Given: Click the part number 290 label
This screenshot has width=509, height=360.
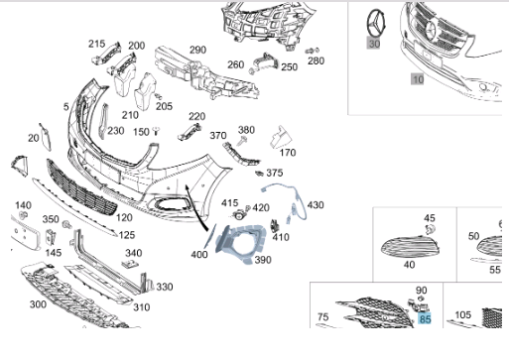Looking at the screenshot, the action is point(197,50).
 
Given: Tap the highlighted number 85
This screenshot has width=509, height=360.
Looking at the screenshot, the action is point(424,319).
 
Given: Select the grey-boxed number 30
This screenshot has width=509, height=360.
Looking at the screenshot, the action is point(374,44).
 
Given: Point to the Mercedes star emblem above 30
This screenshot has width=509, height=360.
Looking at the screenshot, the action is point(375,21).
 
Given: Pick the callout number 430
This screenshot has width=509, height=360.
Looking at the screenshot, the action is point(315,204).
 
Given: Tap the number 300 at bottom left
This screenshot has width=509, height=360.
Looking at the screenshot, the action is point(38,303).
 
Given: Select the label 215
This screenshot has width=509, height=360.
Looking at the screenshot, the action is point(96,44).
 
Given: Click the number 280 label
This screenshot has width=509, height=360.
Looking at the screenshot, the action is point(316,60).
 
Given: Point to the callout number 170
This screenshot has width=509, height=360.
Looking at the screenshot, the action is point(288,153).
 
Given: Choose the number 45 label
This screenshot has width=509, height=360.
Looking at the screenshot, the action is point(430,217).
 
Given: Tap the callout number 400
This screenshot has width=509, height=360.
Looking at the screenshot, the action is point(198,255).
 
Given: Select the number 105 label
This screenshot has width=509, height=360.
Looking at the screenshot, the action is point(462,315).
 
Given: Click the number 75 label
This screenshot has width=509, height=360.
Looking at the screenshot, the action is point(321,316).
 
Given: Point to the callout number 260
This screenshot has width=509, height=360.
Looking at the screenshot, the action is point(235,65).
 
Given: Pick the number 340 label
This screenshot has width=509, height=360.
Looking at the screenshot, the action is point(133,253).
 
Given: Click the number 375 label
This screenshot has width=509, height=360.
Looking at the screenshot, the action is point(275,173).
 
